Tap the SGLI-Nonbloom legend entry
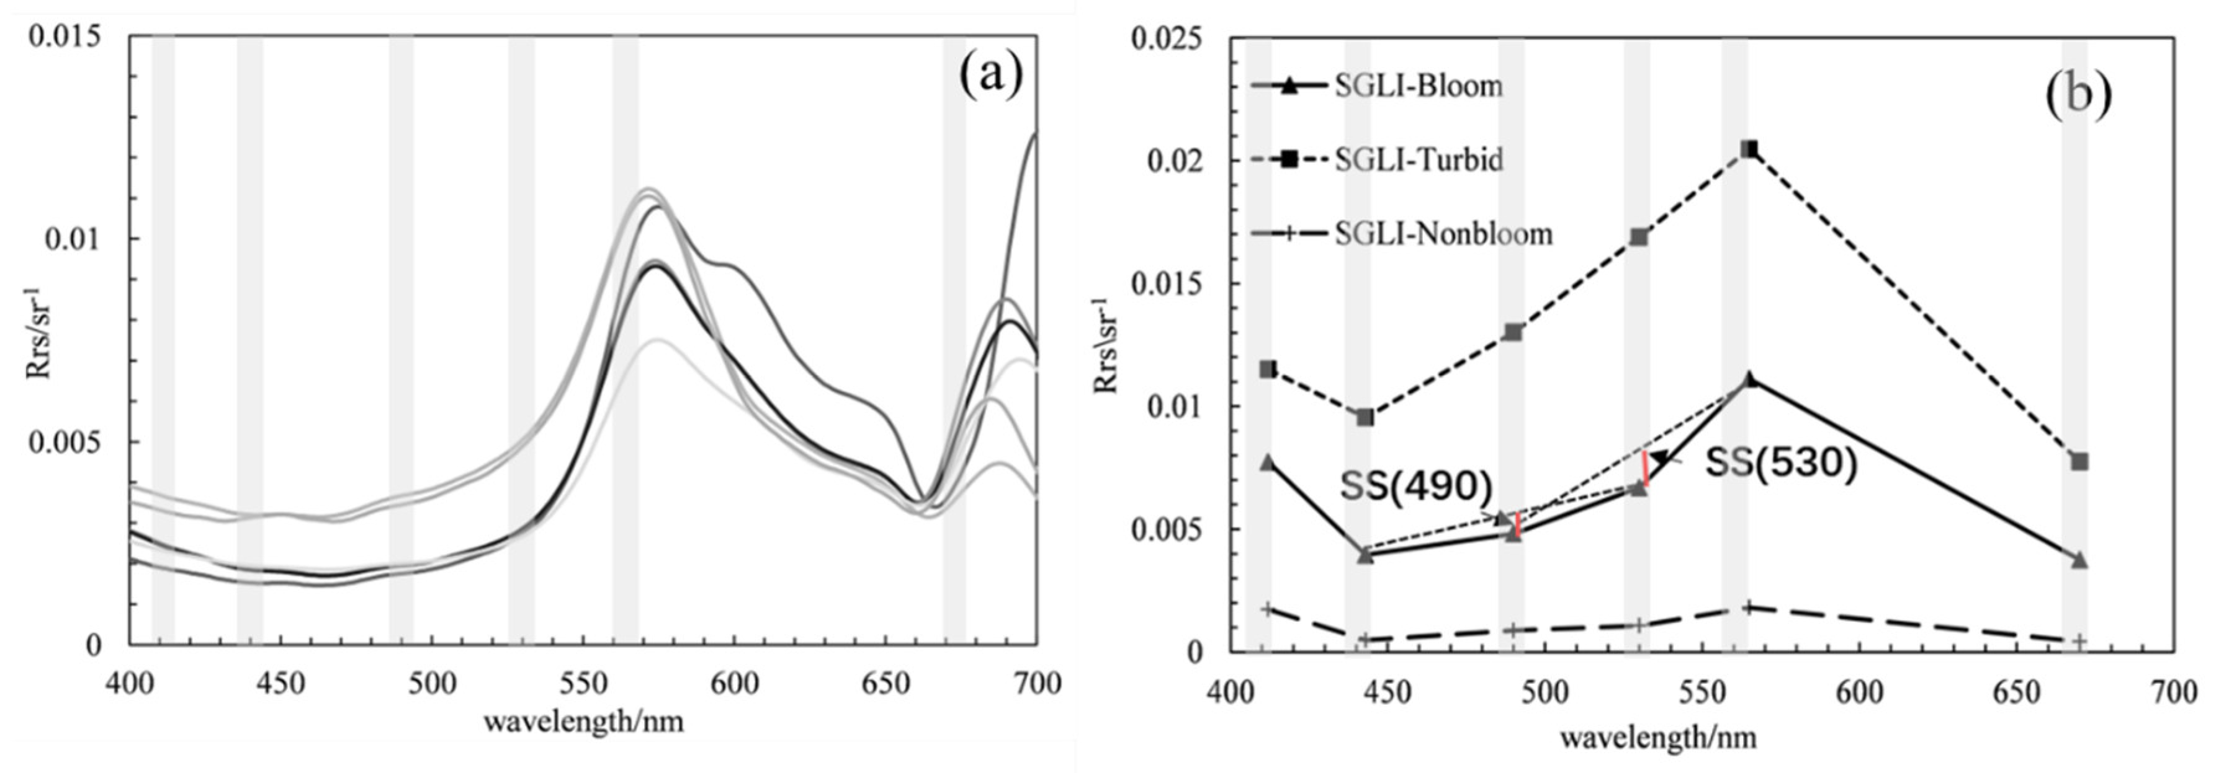click(x=1442, y=234)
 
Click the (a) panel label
click(x=990, y=75)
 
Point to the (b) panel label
click(x=2078, y=92)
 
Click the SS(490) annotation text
click(x=1416, y=487)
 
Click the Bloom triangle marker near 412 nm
click(x=1267, y=462)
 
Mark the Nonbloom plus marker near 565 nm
click(x=1748, y=607)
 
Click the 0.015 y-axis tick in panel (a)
click(x=65, y=36)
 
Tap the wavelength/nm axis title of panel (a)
click(x=584, y=721)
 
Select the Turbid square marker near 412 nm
click(x=1267, y=369)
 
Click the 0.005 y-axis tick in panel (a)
click(x=65, y=442)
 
